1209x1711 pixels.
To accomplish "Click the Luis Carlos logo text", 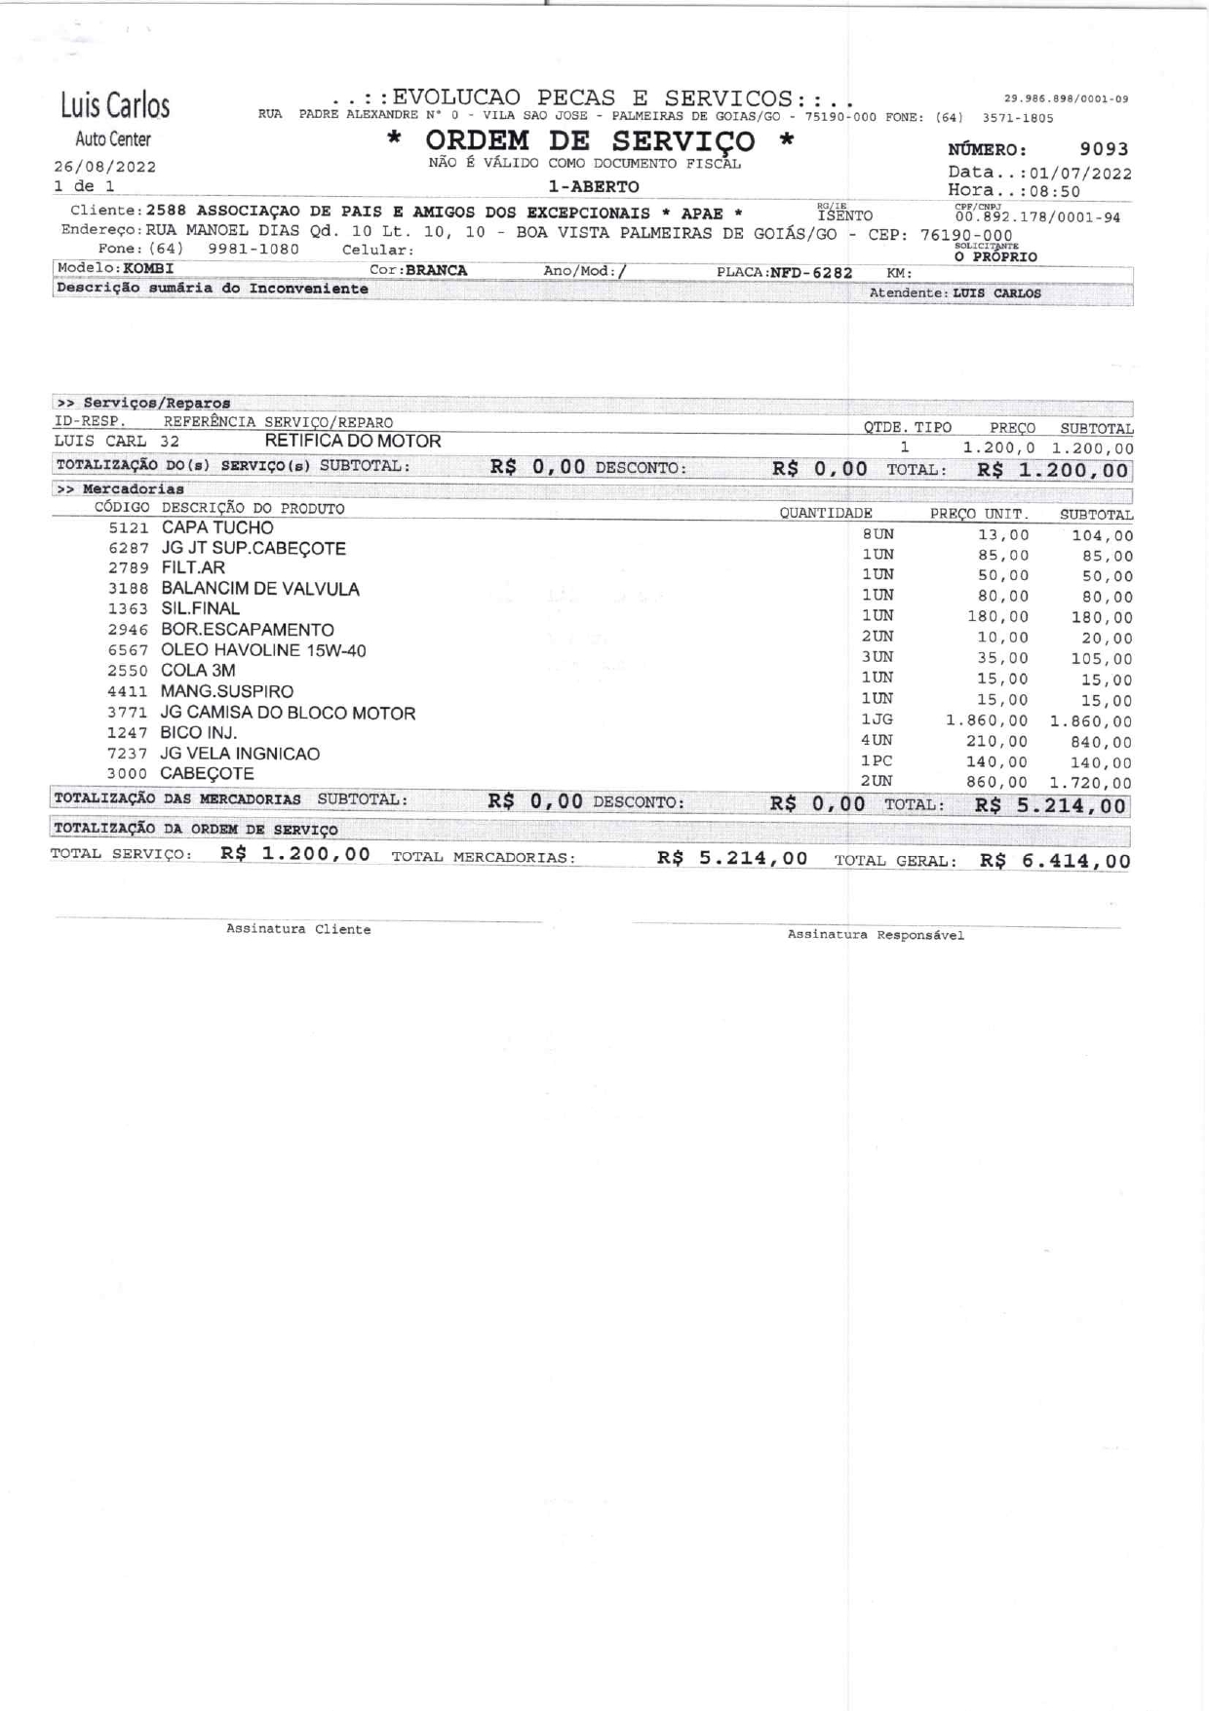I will pos(115,105).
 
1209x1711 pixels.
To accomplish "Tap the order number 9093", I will pos(1104,149).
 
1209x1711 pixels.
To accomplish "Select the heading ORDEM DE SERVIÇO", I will pos(590,141).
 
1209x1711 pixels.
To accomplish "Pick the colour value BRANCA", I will pos(437,270).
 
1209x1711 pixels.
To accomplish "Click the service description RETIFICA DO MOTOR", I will pos(353,441).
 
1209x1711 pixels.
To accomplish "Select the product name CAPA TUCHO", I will pos(217,527).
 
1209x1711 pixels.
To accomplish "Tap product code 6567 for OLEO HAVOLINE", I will pos(128,651).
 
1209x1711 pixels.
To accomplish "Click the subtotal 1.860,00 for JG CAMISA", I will pos(1091,721).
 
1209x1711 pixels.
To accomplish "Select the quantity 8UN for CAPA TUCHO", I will pos(877,534).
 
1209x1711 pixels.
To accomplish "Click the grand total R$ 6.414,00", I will pos(1055,861).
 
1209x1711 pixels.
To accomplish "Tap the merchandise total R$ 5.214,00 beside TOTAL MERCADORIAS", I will pos(732,858).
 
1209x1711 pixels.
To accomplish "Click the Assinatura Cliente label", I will pos(298,930).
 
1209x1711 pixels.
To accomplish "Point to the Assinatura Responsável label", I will pos(876,935).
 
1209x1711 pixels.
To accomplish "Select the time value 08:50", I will pos(1055,192).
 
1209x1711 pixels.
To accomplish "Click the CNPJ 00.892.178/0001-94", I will pos(1037,217).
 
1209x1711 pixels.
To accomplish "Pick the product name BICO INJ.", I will pos(199,732).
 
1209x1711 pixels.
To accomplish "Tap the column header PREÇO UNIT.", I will pos(979,514).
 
